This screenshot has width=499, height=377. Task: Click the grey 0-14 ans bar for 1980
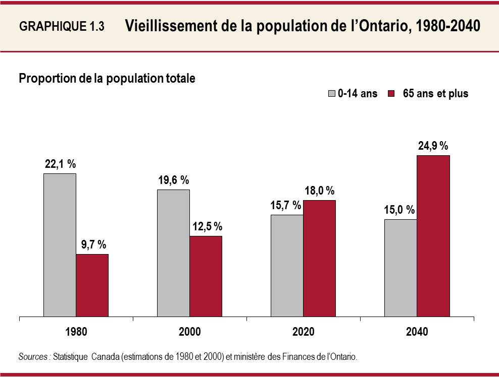point(60,245)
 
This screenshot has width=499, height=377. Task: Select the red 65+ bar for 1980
point(92,286)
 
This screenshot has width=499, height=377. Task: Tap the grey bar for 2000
point(173,254)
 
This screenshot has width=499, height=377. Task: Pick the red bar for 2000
point(206,277)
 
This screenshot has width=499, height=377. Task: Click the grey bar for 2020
point(287,266)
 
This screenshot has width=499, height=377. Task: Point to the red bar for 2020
point(319,259)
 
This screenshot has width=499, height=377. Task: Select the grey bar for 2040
point(401,268)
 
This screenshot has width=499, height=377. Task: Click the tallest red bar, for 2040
point(433,236)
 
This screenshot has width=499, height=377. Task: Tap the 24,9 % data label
point(433,146)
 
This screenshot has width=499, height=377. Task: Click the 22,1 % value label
point(60,164)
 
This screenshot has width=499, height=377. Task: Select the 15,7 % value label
point(286,205)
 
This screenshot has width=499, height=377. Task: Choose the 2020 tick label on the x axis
point(303,332)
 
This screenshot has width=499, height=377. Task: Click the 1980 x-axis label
point(76,332)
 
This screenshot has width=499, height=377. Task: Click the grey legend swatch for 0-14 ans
point(332,94)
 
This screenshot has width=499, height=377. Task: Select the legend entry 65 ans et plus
point(435,94)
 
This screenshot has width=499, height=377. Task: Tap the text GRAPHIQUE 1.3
point(62,27)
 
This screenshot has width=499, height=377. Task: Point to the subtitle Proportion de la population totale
point(107,79)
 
